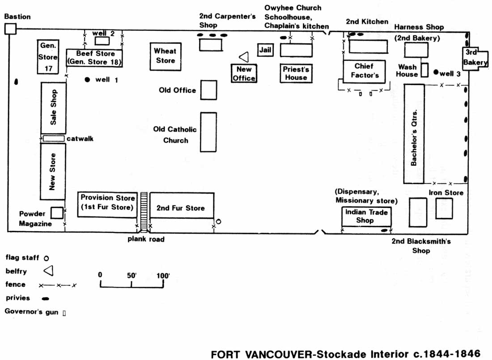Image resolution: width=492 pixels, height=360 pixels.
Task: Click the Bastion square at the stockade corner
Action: [10, 29]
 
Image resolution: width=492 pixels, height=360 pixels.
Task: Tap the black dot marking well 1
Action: [87, 80]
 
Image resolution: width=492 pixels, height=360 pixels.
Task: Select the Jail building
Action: [265, 50]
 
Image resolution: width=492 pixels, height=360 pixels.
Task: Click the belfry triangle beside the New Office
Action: [244, 57]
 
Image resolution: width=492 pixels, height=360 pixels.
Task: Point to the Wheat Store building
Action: [165, 56]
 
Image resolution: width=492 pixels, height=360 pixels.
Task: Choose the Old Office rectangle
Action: [209, 90]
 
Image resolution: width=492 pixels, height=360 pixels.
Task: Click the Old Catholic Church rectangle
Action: [208, 132]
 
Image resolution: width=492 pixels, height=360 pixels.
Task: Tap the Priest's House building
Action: [296, 73]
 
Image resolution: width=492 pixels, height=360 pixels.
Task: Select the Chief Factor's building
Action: [364, 72]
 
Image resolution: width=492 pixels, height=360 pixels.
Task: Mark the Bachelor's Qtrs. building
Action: [414, 134]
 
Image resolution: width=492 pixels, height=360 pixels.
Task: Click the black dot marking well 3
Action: [436, 72]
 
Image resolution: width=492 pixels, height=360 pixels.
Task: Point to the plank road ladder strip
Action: [144, 212]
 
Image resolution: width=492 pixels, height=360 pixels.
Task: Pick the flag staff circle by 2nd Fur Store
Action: [218, 221]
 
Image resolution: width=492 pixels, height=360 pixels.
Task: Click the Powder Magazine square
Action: [57, 213]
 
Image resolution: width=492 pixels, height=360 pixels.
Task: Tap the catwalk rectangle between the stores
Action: [53, 139]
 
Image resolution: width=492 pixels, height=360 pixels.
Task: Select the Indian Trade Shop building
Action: [366, 216]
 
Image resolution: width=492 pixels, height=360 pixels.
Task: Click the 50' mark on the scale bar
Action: [131, 284]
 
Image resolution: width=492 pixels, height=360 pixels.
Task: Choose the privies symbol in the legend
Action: [46, 298]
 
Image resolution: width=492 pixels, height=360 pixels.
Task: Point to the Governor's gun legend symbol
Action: [64, 313]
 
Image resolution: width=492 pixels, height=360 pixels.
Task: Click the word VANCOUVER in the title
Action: [278, 354]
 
